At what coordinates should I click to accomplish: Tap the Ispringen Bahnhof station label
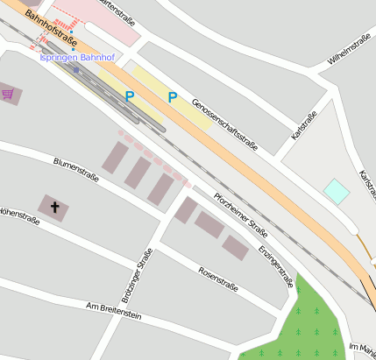pyautogui.click(x=77, y=58)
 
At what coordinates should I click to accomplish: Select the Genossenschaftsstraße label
pyautogui.click(x=224, y=124)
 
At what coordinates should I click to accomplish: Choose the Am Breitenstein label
pyautogui.click(x=114, y=312)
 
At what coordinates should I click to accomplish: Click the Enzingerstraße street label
pyautogui.click(x=275, y=265)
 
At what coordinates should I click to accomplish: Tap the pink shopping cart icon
pyautogui.click(x=8, y=93)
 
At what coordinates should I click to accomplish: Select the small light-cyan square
pyautogui.click(x=337, y=191)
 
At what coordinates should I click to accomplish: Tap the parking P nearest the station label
pyautogui.click(x=130, y=96)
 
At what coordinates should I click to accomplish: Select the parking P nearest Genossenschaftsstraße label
pyautogui.click(x=172, y=97)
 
